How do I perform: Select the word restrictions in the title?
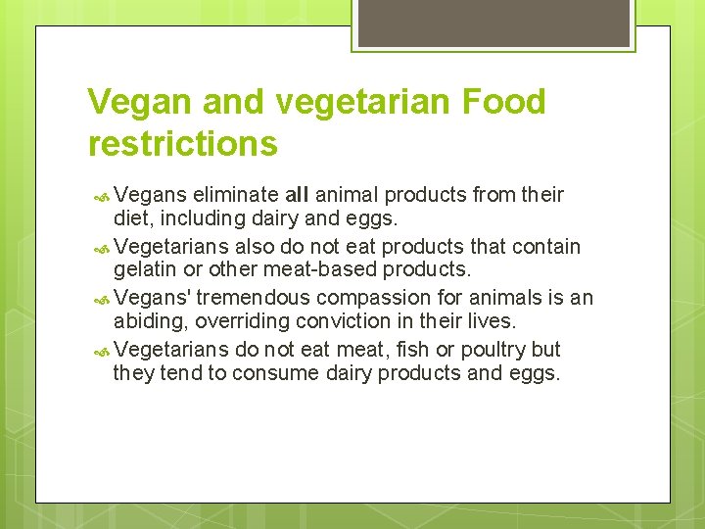182,144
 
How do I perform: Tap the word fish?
401,349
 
